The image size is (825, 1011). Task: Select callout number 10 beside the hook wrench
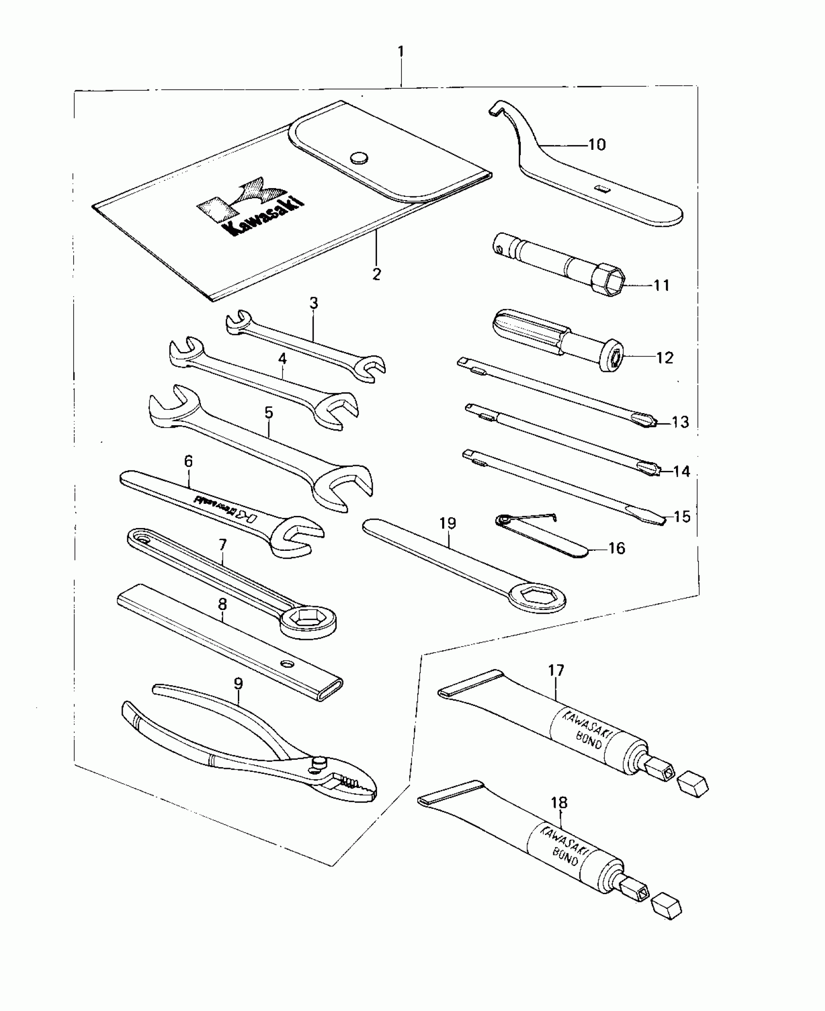point(597,144)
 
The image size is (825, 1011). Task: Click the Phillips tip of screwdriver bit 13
point(645,420)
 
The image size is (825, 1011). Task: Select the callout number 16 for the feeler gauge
point(616,548)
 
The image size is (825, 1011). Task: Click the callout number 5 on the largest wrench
point(269,413)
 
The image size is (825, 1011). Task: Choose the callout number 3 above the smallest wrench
point(313,304)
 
